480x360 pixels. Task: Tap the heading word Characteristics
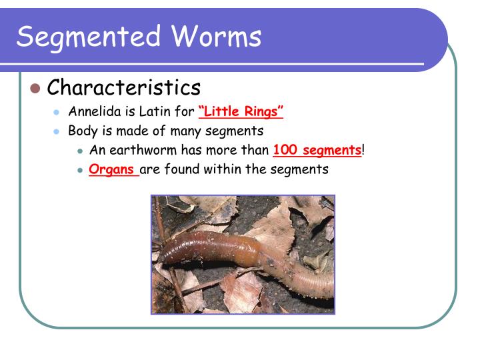coord(124,87)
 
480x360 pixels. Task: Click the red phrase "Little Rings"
coord(241,111)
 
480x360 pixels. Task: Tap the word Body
coord(81,131)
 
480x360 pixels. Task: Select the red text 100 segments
coord(317,150)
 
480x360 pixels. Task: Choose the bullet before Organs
coord(79,170)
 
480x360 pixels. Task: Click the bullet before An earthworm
coord(79,151)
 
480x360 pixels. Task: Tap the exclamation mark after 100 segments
coord(363,150)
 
